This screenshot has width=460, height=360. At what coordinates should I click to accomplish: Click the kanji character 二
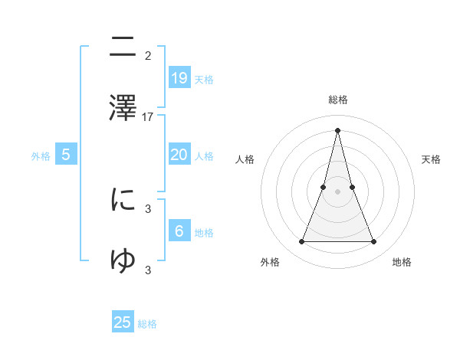pyautogui.click(x=123, y=48)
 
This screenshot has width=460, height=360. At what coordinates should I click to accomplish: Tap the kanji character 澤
pyautogui.click(x=123, y=108)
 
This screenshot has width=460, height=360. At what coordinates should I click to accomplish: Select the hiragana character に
pyautogui.click(x=123, y=200)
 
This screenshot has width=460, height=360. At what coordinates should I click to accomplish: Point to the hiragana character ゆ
pyautogui.click(x=123, y=260)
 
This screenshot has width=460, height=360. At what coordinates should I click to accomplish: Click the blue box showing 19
pyautogui.click(x=179, y=77)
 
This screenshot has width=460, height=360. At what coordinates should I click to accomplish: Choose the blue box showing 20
pyautogui.click(x=179, y=155)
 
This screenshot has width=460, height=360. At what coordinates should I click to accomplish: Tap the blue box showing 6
pyautogui.click(x=179, y=231)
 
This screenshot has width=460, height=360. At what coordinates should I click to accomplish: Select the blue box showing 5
pyautogui.click(x=66, y=155)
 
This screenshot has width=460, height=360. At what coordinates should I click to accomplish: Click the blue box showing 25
pyautogui.click(x=123, y=322)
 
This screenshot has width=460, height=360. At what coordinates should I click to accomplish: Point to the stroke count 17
pyautogui.click(x=149, y=117)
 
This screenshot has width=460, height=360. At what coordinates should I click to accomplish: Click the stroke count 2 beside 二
pyautogui.click(x=148, y=56)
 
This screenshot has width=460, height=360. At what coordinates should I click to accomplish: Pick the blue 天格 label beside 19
pyautogui.click(x=204, y=79)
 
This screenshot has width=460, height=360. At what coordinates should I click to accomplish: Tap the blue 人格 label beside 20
pyautogui.click(x=204, y=156)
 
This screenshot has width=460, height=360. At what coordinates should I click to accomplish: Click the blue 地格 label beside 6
pyautogui.click(x=204, y=232)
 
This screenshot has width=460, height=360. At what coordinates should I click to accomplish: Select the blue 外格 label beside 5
pyautogui.click(x=41, y=156)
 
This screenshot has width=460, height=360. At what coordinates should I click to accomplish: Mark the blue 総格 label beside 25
pyautogui.click(x=147, y=324)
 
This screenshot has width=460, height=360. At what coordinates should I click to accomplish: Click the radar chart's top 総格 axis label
pyautogui.click(x=338, y=100)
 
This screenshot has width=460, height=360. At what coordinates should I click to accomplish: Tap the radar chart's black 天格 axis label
pyautogui.click(x=432, y=159)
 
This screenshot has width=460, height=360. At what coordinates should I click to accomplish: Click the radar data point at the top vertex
pyautogui.click(x=337, y=129)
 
